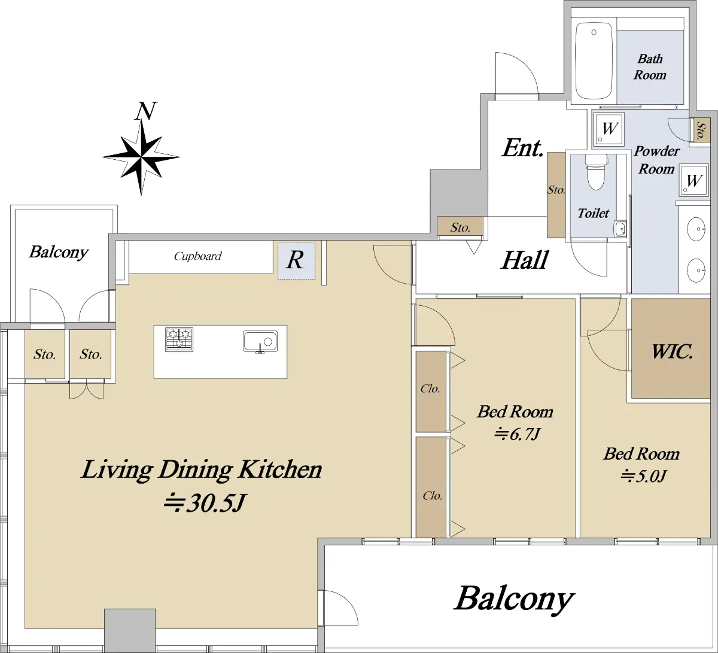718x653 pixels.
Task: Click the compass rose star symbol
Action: click(x=141, y=157)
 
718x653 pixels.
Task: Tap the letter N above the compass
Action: click(x=147, y=111)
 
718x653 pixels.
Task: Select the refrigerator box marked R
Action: click(x=296, y=260)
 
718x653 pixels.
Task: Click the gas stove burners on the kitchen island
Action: click(x=179, y=339)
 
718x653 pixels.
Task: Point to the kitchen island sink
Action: click(x=260, y=342)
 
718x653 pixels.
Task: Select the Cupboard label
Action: click(x=197, y=256)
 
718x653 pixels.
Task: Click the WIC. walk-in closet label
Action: click(x=672, y=352)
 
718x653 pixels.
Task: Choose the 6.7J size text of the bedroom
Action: click(x=516, y=435)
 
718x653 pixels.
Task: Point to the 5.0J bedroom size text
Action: click(x=643, y=476)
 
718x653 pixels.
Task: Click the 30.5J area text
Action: click(x=204, y=503)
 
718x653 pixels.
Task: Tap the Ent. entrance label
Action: click(x=522, y=148)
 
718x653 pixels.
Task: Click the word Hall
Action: click(x=525, y=260)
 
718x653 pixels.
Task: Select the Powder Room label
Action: click(x=656, y=160)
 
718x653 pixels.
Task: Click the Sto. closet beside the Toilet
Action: click(x=556, y=195)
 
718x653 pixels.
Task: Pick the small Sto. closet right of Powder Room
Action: click(x=701, y=130)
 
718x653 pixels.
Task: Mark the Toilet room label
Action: click(x=593, y=214)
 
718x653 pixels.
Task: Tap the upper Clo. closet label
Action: click(x=430, y=388)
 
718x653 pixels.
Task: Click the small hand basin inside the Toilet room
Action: click(x=620, y=229)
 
